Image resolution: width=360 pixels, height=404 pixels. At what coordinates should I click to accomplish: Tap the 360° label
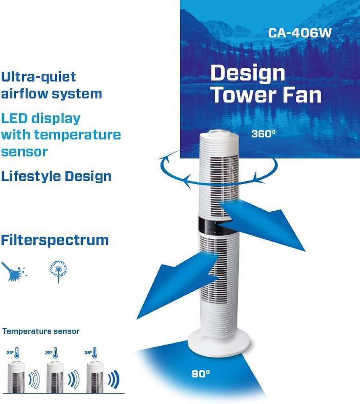tap(263, 134)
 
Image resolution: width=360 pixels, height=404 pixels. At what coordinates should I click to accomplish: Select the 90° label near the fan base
tap(201, 374)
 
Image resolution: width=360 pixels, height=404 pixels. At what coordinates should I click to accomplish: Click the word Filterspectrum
tap(55, 240)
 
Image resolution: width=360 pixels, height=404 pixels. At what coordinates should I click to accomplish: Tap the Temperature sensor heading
tap(41, 331)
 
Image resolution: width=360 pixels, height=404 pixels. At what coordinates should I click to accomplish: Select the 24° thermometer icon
tap(17, 352)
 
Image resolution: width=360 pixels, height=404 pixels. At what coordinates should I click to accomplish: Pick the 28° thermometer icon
tap(56, 352)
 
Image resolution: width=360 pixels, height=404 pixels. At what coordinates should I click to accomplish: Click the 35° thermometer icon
tap(94, 352)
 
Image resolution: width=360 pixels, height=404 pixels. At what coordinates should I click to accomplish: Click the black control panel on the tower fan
tap(214, 226)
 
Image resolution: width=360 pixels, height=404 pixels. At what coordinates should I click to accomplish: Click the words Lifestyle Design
tap(56, 176)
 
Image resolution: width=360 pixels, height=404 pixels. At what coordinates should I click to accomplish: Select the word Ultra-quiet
tap(39, 77)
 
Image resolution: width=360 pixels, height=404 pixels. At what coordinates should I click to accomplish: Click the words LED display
tap(41, 118)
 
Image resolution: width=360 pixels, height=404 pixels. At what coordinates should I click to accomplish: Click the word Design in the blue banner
tap(248, 73)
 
